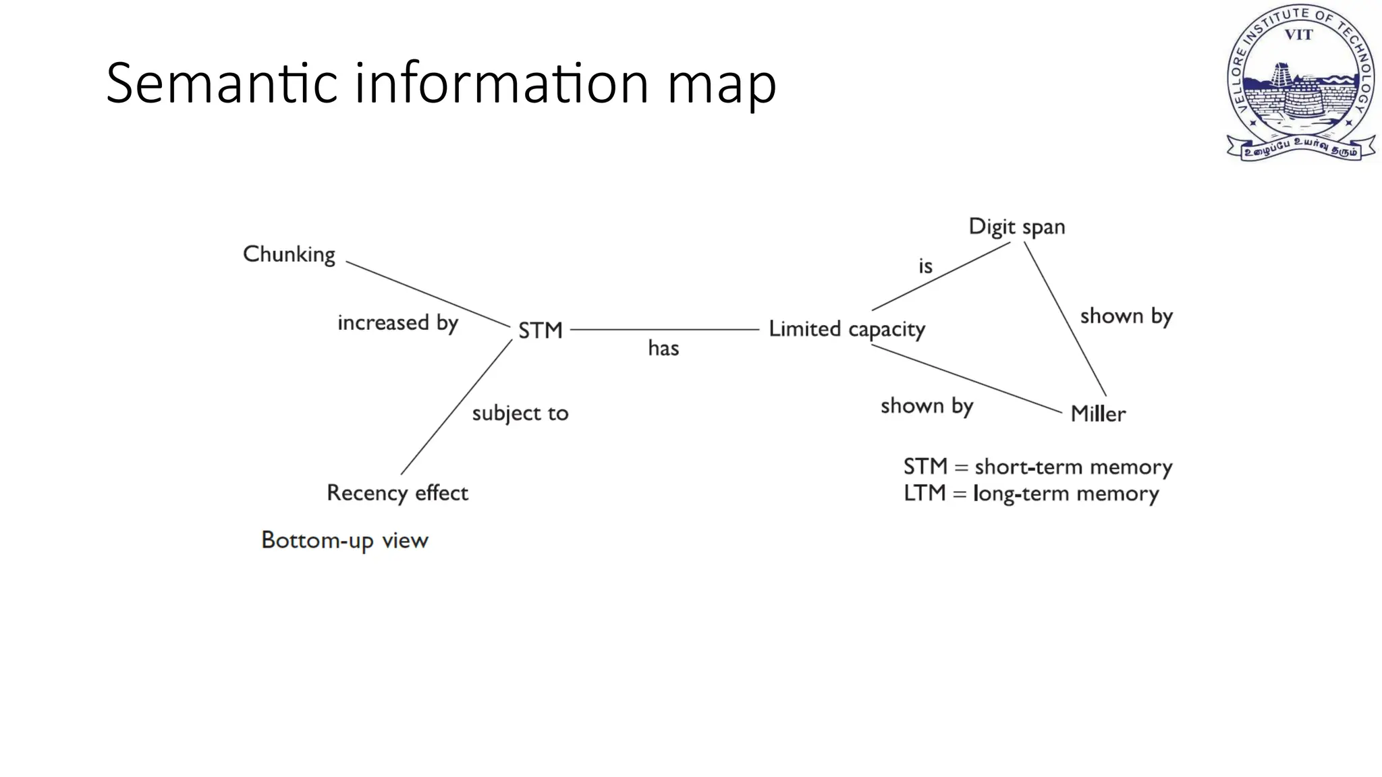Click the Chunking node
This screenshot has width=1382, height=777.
point(289,255)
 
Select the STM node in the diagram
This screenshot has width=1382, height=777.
point(540,330)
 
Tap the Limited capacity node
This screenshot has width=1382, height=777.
point(847,329)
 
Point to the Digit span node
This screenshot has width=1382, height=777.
point(1016,227)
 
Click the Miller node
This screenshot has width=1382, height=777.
point(1098,413)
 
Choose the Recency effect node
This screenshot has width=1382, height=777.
point(397,493)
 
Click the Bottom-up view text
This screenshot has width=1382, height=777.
point(344,540)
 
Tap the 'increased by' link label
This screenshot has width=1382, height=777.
point(397,323)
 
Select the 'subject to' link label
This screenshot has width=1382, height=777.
point(520,413)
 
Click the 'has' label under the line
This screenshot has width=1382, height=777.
point(663,348)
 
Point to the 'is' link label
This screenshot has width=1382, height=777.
point(925,266)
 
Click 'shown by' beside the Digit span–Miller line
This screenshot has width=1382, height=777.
point(1126,316)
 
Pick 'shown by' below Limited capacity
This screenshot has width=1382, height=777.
point(926,406)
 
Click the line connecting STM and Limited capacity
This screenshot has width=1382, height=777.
point(665,330)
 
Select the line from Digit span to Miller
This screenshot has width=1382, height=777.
point(1065,318)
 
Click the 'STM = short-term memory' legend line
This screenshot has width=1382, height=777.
point(1037,467)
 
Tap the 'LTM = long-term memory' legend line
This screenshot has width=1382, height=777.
point(1031,494)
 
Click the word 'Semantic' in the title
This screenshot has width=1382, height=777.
point(221,83)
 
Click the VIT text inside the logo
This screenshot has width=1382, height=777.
point(1298,35)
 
